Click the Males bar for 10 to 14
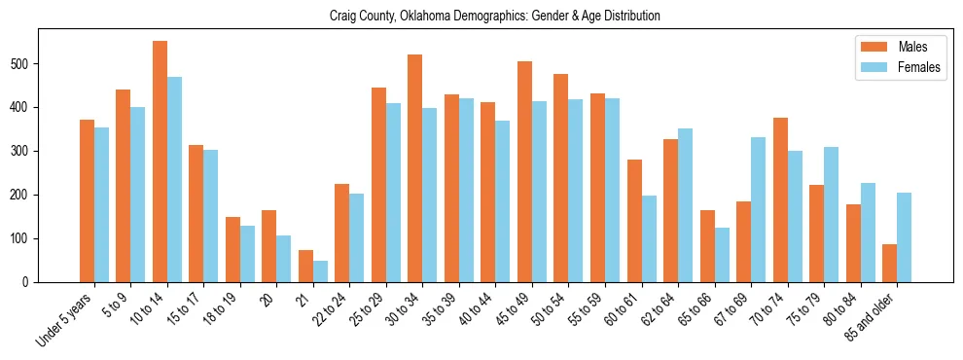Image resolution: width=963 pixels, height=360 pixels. tap(160, 162)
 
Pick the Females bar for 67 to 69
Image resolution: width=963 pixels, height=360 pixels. tap(759, 209)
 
